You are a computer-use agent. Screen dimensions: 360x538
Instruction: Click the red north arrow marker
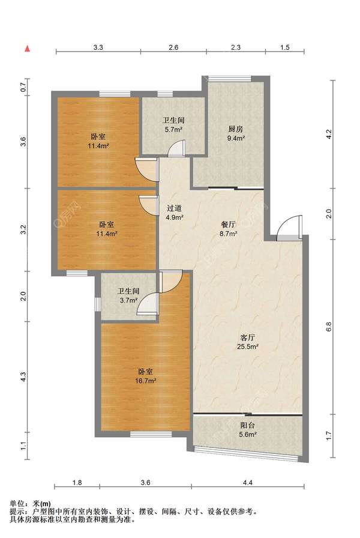[28, 49]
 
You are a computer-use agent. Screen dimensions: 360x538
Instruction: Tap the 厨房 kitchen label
[236, 129]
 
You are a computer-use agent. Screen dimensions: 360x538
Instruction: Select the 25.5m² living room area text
[247, 346]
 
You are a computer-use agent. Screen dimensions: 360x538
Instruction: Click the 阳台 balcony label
[248, 425]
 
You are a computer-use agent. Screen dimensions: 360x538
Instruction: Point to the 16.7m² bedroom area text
[146, 381]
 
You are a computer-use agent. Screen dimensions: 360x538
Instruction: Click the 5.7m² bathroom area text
[173, 129]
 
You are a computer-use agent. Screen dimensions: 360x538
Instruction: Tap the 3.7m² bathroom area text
[128, 300]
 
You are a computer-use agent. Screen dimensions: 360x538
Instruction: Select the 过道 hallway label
[174, 208]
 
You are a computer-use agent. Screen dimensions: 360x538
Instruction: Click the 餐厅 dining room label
[229, 225]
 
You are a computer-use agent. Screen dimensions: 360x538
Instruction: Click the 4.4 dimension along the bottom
[248, 482]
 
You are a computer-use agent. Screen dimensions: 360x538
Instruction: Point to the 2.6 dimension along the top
[173, 47]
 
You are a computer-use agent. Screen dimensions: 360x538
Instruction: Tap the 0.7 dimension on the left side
[23, 88]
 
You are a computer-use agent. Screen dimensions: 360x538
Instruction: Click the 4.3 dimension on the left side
[23, 378]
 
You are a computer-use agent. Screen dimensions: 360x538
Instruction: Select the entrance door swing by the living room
[290, 228]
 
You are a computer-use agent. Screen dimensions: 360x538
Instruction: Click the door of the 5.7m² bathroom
[178, 148]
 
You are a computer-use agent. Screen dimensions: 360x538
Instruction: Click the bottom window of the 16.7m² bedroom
[151, 434]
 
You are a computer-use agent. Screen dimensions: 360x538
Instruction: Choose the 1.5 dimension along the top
[285, 47]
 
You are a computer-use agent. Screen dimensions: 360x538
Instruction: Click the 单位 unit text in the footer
[17, 504]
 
